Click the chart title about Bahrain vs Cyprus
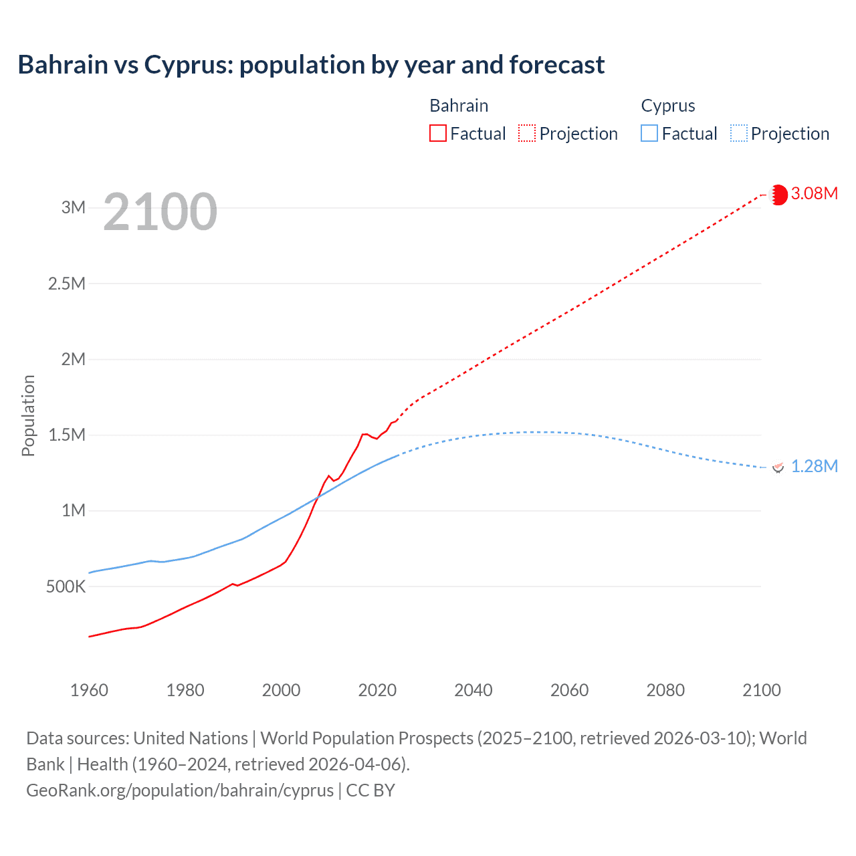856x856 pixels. (311, 65)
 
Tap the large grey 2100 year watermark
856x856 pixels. (160, 212)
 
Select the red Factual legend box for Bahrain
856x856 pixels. (437, 134)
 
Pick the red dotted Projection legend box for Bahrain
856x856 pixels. (527, 134)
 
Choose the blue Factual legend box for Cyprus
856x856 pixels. (649, 134)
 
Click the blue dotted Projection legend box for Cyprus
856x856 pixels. (739, 134)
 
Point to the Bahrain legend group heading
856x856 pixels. (459, 106)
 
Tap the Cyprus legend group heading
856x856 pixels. (668, 106)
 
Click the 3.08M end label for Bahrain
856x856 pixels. (814, 194)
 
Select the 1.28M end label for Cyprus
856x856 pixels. (814, 467)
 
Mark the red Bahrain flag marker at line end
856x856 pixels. (778, 195)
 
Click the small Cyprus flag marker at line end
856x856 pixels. (778, 467)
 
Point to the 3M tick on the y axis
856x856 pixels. (74, 207)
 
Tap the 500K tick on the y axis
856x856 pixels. (66, 587)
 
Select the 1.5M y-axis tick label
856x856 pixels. (67, 435)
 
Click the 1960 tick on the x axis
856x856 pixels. (89, 690)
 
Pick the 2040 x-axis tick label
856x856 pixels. (473, 690)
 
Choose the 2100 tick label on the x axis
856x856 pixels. (761, 690)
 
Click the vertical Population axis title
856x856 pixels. (28, 415)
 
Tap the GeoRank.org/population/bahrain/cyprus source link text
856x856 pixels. (180, 790)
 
